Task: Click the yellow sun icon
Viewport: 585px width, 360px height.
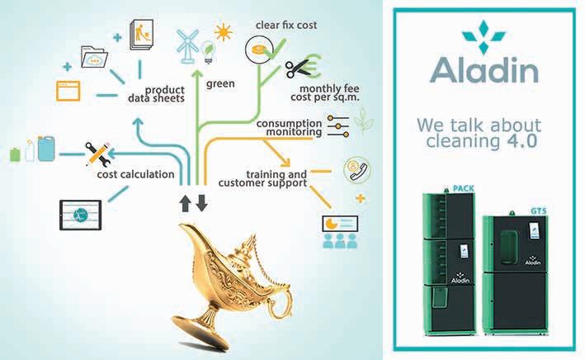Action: [222, 32]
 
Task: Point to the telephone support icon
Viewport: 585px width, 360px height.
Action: [357, 169]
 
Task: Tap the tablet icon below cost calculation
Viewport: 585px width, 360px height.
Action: [81, 212]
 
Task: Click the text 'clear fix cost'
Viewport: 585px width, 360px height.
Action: [285, 26]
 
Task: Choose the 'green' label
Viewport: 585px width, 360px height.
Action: [221, 83]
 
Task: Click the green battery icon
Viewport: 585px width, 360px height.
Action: [14, 154]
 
